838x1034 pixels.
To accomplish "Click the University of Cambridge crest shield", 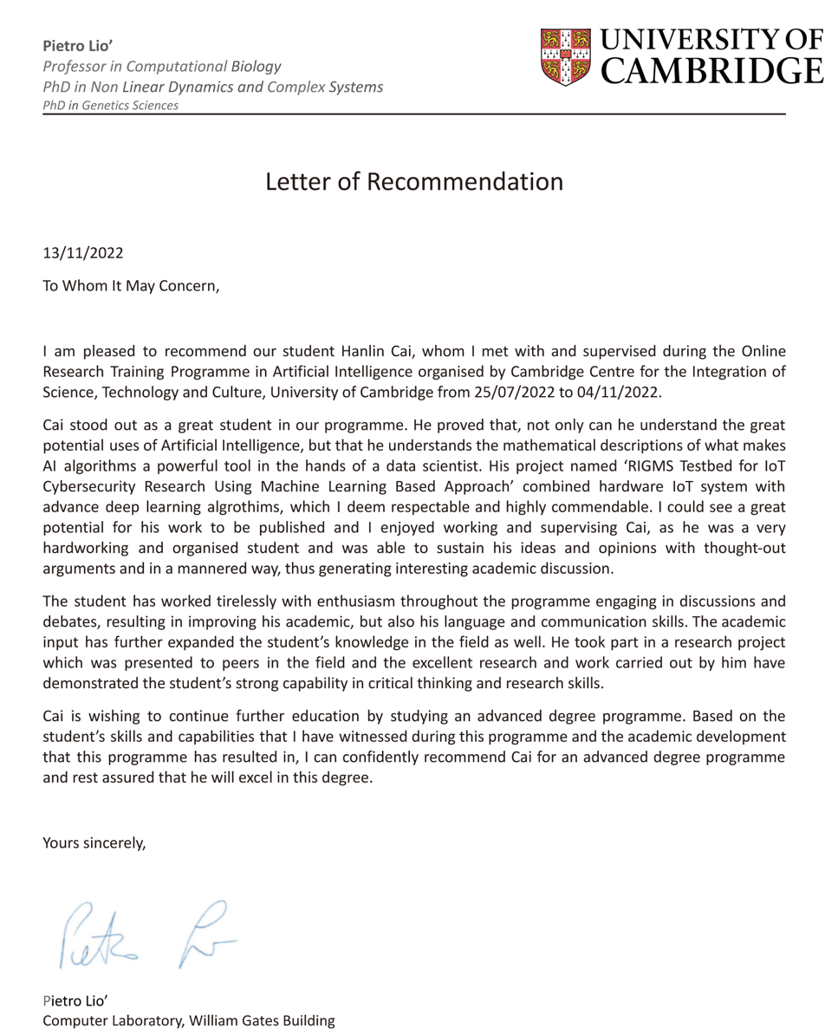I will click(x=566, y=55).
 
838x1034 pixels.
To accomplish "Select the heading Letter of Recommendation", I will click(x=415, y=182).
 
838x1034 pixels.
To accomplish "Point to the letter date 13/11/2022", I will click(x=83, y=254).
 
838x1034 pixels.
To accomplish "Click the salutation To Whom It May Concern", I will click(x=132, y=287).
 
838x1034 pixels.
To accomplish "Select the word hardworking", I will click(x=84, y=549).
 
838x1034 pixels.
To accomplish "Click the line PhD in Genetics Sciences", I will click(x=111, y=105).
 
